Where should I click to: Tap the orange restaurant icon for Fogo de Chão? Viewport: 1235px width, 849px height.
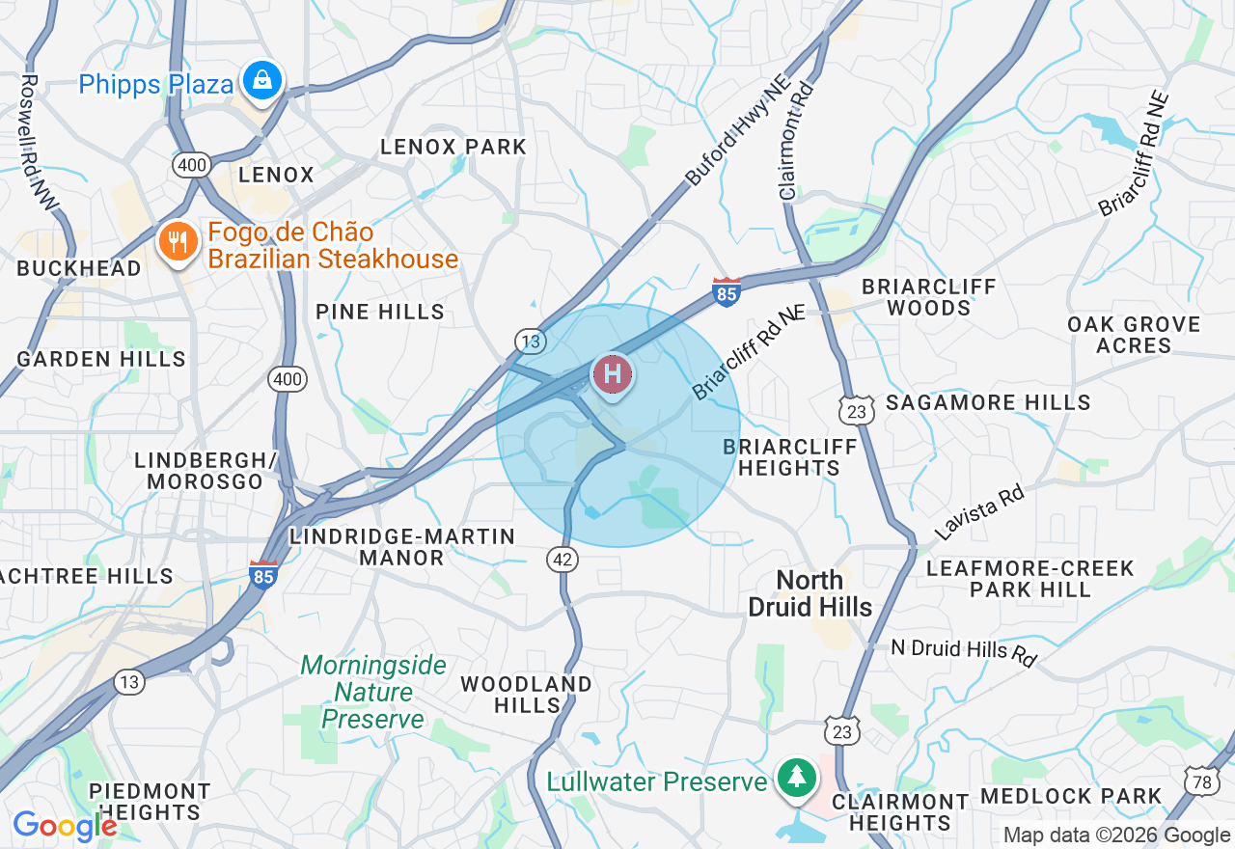click(x=177, y=242)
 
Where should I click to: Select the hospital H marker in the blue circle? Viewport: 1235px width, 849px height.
click(x=612, y=374)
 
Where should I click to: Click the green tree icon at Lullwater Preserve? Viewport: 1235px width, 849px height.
click(x=796, y=778)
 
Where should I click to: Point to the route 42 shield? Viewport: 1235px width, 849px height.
click(x=563, y=558)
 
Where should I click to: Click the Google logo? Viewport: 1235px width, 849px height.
click(x=65, y=827)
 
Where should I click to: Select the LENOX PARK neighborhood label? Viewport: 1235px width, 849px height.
click(x=453, y=147)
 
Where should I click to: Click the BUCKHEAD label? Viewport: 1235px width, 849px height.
click(x=79, y=268)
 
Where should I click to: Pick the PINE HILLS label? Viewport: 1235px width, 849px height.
click(x=380, y=312)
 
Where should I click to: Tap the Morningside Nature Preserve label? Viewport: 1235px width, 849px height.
click(x=372, y=692)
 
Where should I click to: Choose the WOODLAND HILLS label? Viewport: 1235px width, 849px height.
click(x=526, y=695)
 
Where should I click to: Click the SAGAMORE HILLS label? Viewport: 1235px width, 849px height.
click(x=988, y=402)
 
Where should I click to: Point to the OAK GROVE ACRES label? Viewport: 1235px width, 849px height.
click(x=1134, y=335)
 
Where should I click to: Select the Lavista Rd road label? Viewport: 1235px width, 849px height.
click(x=978, y=513)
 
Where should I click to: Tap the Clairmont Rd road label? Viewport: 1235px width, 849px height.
click(x=797, y=139)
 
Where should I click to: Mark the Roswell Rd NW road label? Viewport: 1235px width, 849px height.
click(x=39, y=141)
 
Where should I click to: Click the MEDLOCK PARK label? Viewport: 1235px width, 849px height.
click(x=1071, y=796)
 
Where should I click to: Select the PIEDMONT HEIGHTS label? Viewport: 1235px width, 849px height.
click(x=150, y=802)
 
